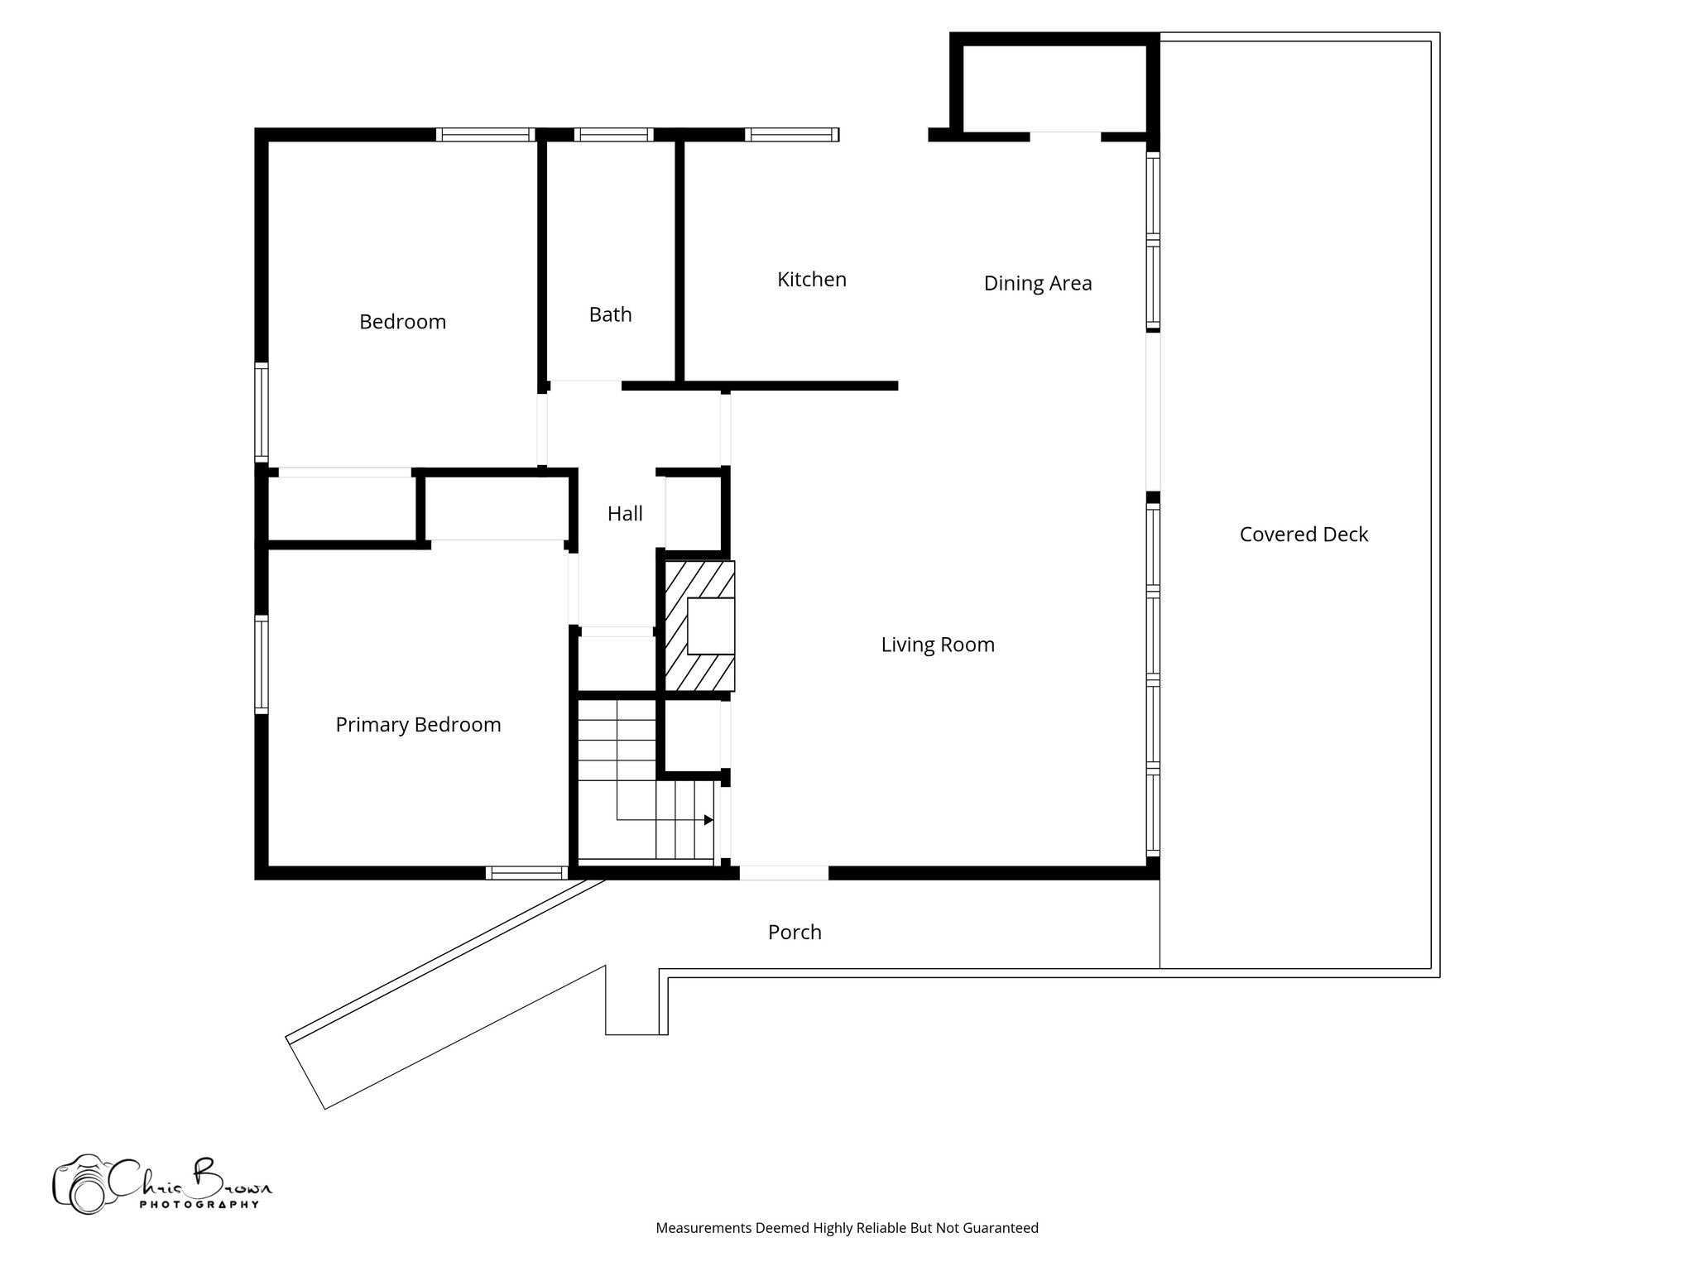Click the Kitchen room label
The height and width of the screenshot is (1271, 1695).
811,280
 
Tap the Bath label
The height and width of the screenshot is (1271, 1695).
610,314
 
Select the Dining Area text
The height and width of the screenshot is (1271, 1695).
1037,284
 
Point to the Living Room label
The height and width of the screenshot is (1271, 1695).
937,645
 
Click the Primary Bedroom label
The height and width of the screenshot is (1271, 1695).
418,725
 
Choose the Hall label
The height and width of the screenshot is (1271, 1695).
625,514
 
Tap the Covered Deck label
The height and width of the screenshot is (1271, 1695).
1303,535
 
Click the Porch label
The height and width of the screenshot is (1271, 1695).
795,933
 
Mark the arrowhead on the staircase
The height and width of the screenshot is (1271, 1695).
708,820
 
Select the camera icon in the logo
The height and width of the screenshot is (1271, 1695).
79,1184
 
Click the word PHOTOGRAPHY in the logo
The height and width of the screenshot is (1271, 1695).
199,1205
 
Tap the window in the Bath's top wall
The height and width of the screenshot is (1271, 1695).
613,135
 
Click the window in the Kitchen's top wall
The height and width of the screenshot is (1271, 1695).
791,135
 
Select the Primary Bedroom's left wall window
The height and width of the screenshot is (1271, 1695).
262,664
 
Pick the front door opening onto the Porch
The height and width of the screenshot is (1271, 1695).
783,873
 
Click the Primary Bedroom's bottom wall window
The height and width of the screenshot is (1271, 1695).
526,873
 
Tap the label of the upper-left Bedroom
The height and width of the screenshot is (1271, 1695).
402,322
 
